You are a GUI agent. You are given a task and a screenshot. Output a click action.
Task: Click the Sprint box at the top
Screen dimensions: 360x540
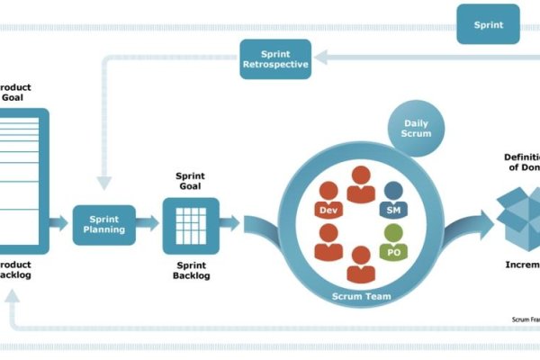[488, 24]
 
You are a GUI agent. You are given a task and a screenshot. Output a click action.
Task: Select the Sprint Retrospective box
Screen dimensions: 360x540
[274, 58]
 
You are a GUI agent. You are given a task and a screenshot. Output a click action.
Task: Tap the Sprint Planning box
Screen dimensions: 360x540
[103, 224]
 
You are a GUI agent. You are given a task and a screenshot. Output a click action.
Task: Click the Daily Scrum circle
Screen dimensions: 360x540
[417, 127]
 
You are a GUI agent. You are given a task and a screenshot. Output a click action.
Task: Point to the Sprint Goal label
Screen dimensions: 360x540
[190, 180]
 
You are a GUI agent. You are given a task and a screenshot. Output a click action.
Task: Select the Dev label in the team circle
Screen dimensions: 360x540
[328, 210]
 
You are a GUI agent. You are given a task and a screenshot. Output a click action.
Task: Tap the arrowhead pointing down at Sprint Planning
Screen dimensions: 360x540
[105, 183]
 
